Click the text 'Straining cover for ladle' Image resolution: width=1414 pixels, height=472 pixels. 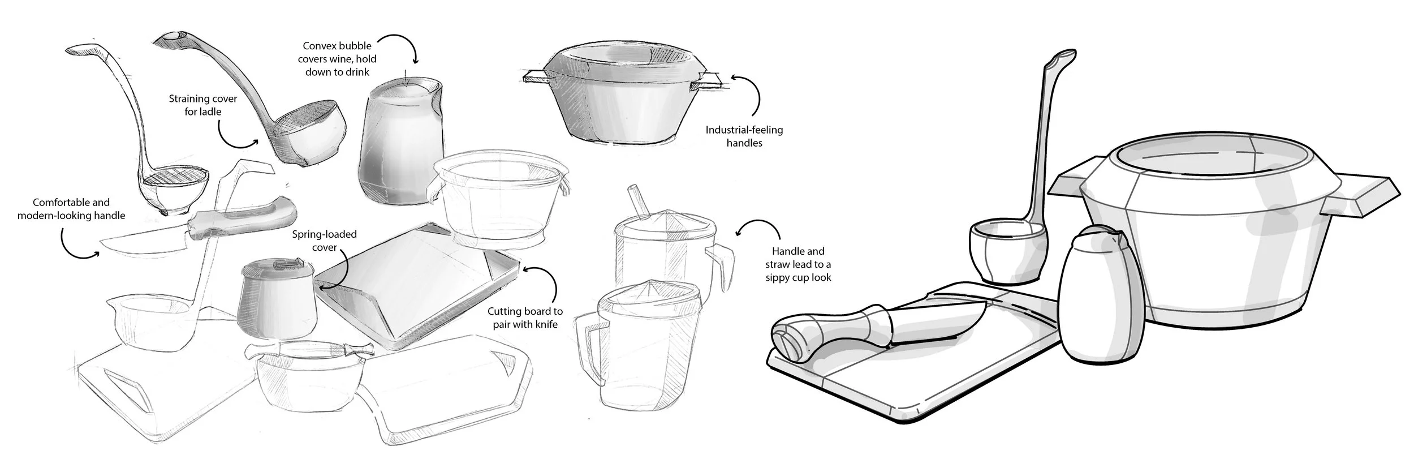coord(202,105)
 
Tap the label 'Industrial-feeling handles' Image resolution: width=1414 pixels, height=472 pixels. coord(744,136)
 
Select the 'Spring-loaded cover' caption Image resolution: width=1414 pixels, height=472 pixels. coord(324,241)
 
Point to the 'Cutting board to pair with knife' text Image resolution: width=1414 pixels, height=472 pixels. coord(525,317)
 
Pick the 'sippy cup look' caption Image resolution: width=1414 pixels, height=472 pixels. coord(798,264)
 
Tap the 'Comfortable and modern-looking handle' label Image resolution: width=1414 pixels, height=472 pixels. coord(71,209)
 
